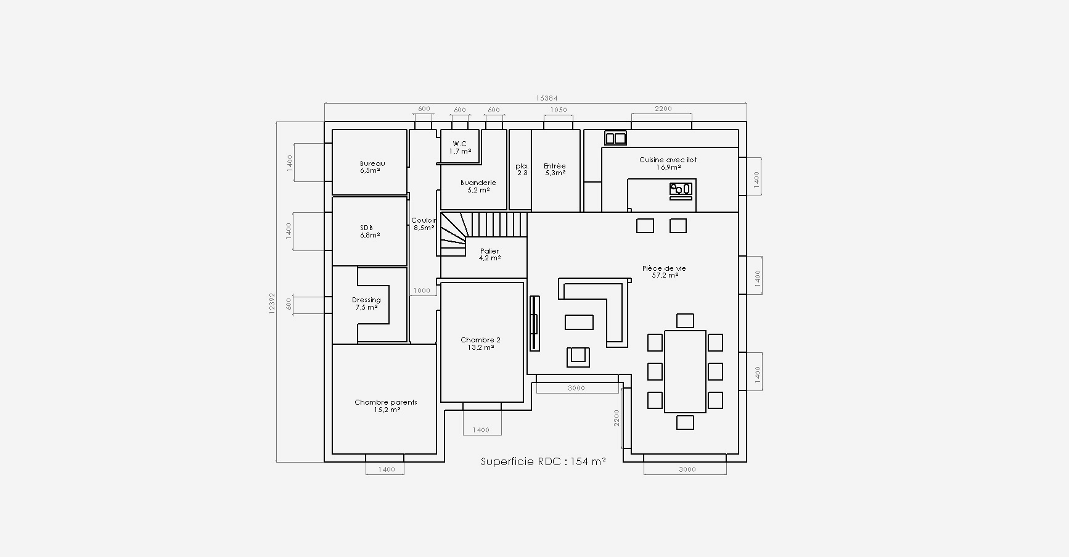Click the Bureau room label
point(372,167)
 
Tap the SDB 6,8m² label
point(369,231)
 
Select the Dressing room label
point(366,303)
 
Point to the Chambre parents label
point(386,406)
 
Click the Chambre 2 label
point(480,344)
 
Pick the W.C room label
point(460,147)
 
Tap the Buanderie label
point(478,186)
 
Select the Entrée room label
point(555,170)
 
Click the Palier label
point(489,255)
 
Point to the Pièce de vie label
point(664,272)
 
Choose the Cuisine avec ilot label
point(668,163)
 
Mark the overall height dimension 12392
point(272,303)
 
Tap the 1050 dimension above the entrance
point(558,110)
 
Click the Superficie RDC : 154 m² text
point(543,461)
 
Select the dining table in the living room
point(685,371)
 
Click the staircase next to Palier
point(484,234)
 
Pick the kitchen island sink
point(682,189)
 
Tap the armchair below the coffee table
point(578,357)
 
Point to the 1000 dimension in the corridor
point(422,291)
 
